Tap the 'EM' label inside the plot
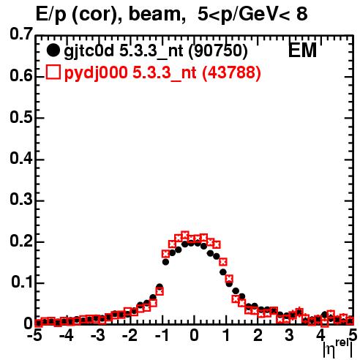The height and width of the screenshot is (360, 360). tap(302, 50)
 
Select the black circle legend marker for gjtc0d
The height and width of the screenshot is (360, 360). tap(53, 50)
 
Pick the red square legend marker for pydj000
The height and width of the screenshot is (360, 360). tap(53, 72)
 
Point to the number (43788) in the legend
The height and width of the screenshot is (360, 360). tap(231, 72)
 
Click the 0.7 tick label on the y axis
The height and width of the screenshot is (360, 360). tap(21, 34)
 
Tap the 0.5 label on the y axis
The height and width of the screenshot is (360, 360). tap(21, 117)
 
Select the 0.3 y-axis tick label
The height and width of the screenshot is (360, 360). tap(21, 200)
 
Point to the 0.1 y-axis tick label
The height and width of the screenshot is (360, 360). tap(22, 282)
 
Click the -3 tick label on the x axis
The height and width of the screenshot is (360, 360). tap(98, 335)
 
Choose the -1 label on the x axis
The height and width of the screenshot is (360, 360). tap(162, 335)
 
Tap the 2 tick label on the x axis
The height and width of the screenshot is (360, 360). tap(258, 335)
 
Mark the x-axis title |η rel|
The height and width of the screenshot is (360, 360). tap(338, 348)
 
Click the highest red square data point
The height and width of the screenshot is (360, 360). tap(185, 236)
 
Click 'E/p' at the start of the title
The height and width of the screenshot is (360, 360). tap(51, 15)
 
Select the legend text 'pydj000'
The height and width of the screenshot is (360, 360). tap(96, 73)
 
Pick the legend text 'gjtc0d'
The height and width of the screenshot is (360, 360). tap(89, 51)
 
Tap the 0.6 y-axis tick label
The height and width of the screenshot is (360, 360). tap(21, 75)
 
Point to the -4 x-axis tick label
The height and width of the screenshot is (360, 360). tap(66, 335)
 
